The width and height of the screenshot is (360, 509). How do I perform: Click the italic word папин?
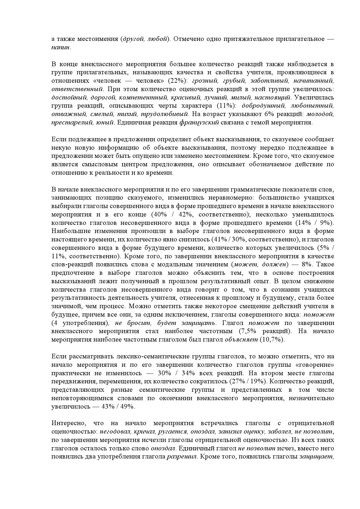point(60,47)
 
